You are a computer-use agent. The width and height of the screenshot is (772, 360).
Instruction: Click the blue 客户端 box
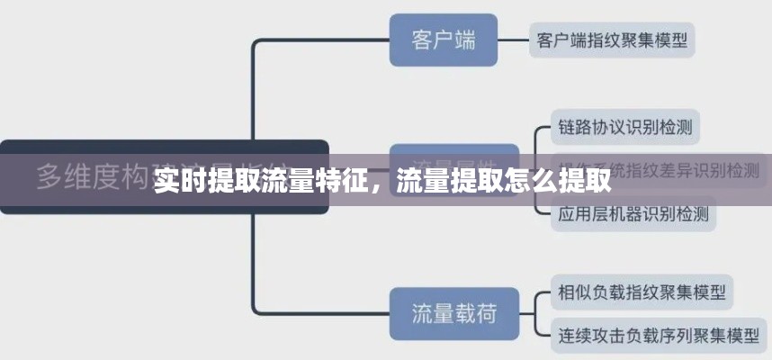pyautogui.click(x=443, y=40)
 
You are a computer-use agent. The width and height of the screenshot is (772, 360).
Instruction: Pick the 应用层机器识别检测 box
pyautogui.click(x=633, y=214)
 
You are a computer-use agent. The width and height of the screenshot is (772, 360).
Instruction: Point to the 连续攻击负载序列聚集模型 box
pyautogui.click(x=658, y=335)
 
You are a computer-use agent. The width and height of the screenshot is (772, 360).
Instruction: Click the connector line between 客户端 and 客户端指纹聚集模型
pyautogui.click(x=512, y=40)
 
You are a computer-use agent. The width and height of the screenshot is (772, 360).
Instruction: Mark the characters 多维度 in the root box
pyautogui.click(x=76, y=177)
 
